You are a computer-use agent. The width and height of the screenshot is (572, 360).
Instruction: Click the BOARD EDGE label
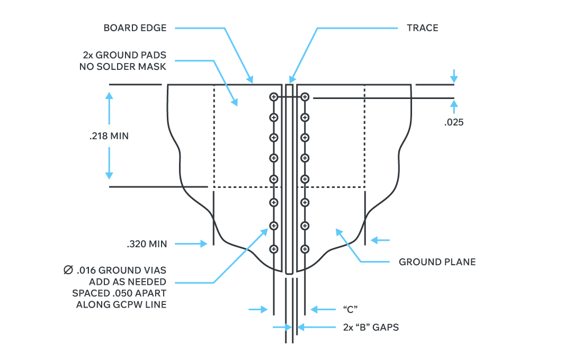[135, 28]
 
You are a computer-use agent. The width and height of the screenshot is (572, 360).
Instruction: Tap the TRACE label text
[422, 28]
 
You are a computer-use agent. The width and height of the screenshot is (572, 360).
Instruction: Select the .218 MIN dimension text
[109, 136]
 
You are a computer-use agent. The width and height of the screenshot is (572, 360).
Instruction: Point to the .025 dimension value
[454, 122]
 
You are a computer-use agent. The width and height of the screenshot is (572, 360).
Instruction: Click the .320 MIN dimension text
[147, 244]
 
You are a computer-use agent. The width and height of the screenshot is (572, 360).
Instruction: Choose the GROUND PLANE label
[437, 262]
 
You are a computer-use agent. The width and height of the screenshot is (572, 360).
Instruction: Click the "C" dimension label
[348, 309]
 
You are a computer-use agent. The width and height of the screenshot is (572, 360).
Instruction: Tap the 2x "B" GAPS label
[371, 327]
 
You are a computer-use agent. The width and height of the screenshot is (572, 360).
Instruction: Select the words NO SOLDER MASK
[123, 67]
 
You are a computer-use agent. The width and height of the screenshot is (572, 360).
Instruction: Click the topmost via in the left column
[274, 96]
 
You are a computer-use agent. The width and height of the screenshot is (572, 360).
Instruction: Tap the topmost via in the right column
[305, 96]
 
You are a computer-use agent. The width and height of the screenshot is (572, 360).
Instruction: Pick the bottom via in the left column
[274, 249]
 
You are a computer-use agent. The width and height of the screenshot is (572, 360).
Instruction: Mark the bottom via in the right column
[305, 249]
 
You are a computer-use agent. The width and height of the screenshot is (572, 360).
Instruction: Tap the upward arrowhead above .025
[454, 104]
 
